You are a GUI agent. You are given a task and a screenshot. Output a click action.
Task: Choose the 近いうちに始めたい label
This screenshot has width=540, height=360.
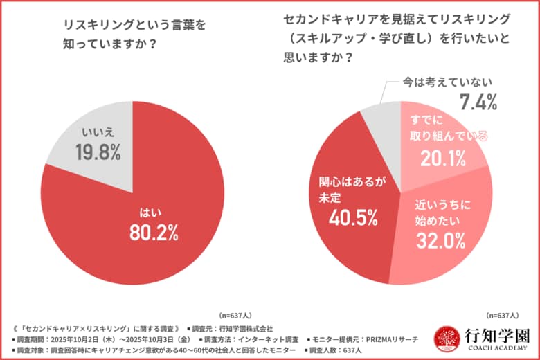(442, 213)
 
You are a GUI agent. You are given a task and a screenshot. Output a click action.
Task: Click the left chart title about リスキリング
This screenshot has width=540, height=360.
(125, 35)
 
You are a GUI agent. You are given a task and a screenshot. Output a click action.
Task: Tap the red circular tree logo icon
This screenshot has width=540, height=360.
(447, 339)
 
